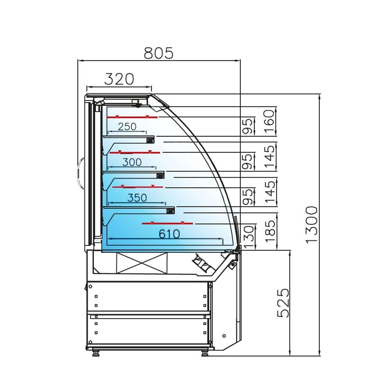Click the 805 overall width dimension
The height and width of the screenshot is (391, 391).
click(x=158, y=52)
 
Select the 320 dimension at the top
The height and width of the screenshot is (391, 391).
click(x=119, y=79)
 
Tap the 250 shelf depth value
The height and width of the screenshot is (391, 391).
click(x=127, y=127)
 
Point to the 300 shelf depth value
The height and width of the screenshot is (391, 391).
click(x=132, y=162)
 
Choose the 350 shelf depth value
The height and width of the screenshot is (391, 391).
click(x=137, y=198)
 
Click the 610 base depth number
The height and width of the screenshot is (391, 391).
click(x=169, y=234)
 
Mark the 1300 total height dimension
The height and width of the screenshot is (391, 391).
click(x=312, y=225)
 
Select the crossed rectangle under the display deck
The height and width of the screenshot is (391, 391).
click(x=142, y=263)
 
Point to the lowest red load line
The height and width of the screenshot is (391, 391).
click(x=167, y=223)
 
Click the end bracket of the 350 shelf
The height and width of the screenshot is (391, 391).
click(x=170, y=211)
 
